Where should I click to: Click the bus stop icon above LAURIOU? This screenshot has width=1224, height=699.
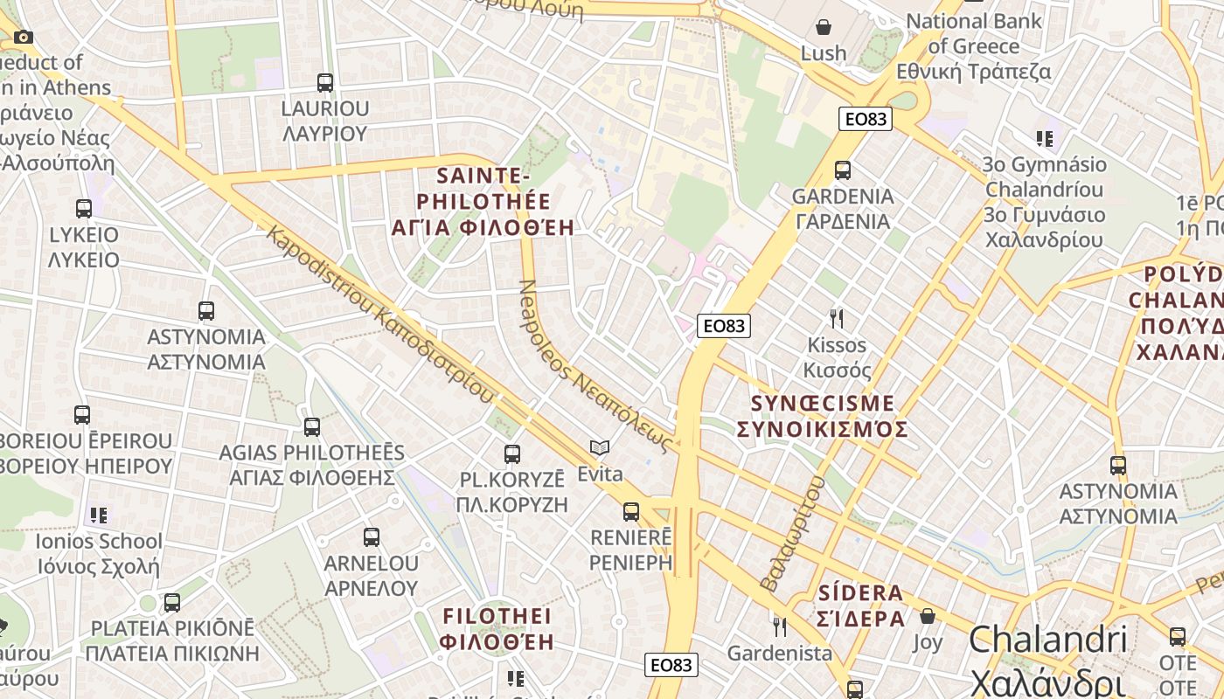tap(325, 83)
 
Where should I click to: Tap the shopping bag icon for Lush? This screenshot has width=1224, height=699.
tap(823, 27)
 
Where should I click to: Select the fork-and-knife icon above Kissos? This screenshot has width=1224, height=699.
tap(837, 318)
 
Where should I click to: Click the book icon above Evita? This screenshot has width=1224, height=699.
tap(600, 448)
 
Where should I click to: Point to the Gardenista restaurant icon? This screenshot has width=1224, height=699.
tap(779, 626)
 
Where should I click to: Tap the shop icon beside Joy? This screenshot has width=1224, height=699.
tap(928, 616)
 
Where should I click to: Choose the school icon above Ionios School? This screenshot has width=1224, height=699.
tap(99, 515)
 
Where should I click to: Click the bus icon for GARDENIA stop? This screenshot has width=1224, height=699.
tap(843, 170)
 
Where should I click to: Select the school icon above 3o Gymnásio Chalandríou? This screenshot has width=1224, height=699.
tap(1044, 138)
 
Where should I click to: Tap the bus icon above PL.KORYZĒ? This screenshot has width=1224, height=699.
tap(512, 454)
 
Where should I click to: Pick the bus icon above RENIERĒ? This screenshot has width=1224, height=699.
tap(631, 512)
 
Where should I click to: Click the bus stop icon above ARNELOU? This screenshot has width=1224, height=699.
tap(372, 537)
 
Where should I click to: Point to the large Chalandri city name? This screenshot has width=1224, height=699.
tap(1047, 640)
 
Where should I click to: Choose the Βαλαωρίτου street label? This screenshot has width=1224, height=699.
tap(792, 533)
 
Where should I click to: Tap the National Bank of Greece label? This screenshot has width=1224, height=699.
tap(974, 33)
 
